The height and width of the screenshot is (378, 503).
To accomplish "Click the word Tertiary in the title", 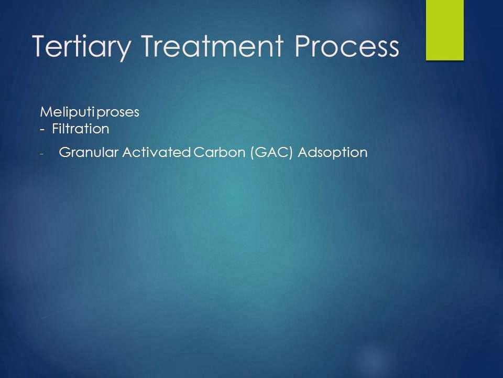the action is pos(82,47).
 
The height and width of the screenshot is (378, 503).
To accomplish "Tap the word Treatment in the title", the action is pos(212,46).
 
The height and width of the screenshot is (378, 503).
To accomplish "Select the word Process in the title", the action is pos(346,46).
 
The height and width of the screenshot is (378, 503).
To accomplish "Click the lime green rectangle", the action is pos(445,30).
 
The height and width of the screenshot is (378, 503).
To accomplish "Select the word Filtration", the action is pos(81,129).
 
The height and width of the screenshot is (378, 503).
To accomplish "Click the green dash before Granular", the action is pos(41,154).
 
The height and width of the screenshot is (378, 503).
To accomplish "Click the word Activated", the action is pos(157,152).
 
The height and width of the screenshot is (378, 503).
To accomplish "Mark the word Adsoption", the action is pos(333,153).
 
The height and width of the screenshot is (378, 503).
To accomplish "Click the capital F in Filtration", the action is pos(55,129).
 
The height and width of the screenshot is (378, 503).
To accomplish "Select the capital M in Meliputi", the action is pos(46,112).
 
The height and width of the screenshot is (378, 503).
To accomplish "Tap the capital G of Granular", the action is pos(65,152).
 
